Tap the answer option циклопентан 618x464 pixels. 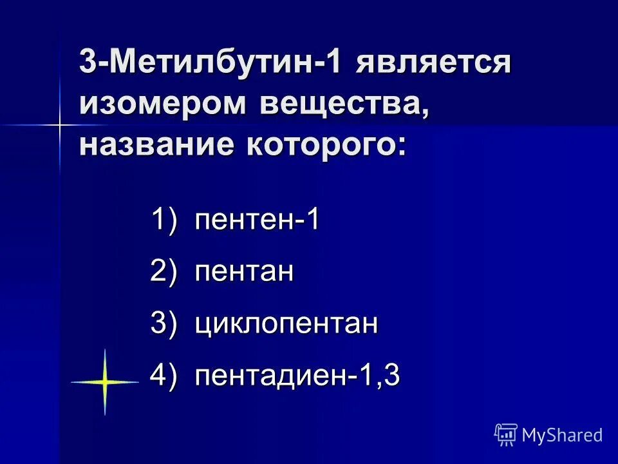[287, 324]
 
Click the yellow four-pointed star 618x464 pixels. [104, 382]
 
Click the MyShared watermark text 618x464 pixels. [562, 435]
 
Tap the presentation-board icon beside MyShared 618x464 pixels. [506, 434]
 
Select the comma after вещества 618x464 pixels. [424, 113]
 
